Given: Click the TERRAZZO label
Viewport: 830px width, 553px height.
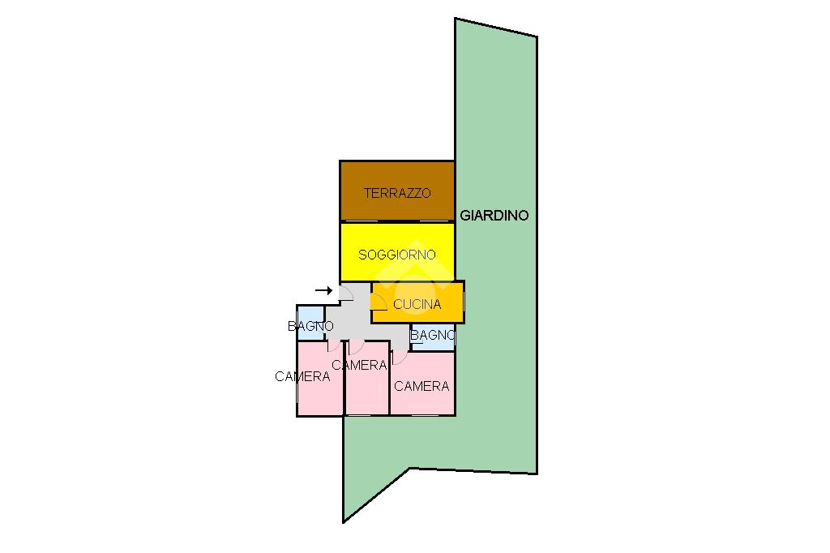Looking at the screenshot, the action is [396, 194].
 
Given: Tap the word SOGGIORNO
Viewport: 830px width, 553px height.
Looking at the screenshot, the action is [397, 255].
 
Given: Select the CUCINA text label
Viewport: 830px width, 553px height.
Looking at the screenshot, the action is [417, 305].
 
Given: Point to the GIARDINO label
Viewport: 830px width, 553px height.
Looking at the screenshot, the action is [494, 216].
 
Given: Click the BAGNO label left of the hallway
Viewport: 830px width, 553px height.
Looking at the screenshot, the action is [310, 326].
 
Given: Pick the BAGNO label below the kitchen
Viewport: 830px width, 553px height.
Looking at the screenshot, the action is [433, 335].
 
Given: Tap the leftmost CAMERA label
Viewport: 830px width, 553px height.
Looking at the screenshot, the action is [302, 377].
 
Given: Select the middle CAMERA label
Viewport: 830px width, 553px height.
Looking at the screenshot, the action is [359, 366].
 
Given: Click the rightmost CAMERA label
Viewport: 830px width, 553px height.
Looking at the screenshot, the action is [421, 387].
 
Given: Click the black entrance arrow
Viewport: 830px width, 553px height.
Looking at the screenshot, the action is [323, 290].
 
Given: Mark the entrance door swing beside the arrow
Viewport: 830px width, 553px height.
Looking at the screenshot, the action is [344, 293].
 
